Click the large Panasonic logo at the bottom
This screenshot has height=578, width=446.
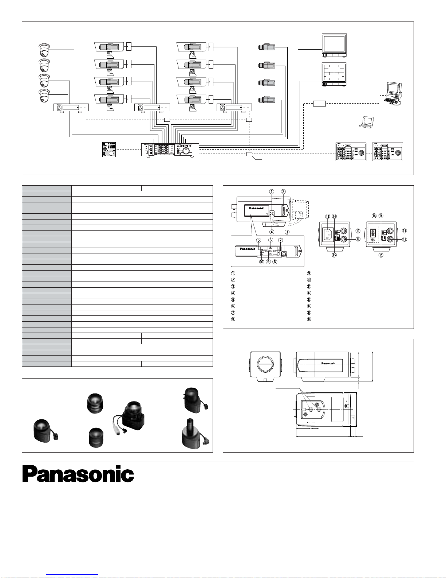[x=78, y=474]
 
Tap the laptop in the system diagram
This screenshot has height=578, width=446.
[x=366, y=123]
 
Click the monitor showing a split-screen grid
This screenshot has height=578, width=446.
[x=334, y=74]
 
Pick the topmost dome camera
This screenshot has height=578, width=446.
[x=44, y=50]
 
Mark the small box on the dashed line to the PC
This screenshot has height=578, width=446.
[x=319, y=104]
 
